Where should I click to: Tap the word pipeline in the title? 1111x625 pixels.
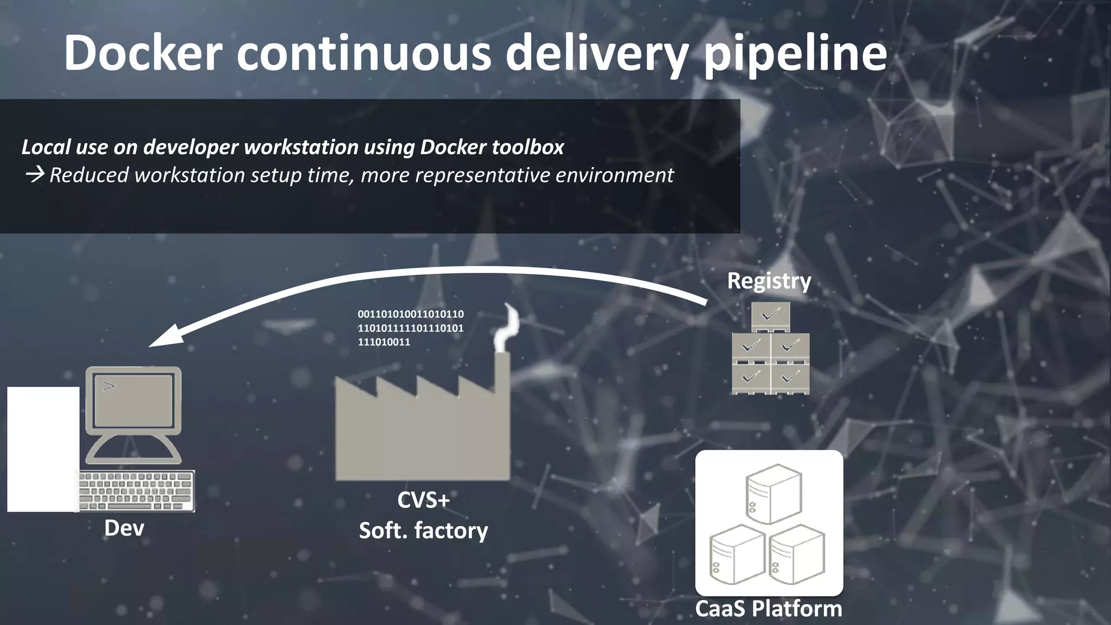(x=795, y=53)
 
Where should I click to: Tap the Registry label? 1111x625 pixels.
(x=769, y=281)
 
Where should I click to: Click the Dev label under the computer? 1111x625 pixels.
(x=124, y=528)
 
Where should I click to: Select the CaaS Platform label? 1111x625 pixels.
(x=769, y=608)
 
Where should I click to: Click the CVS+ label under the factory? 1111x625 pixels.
(x=423, y=500)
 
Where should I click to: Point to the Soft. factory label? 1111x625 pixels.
(x=423, y=530)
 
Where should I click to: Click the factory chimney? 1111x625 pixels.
(x=502, y=374)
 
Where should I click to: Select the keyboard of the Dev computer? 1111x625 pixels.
(x=135, y=491)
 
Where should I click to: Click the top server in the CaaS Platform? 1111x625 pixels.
(x=774, y=493)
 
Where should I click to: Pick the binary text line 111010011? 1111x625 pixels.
(x=384, y=342)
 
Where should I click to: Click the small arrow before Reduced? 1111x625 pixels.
(x=35, y=175)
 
